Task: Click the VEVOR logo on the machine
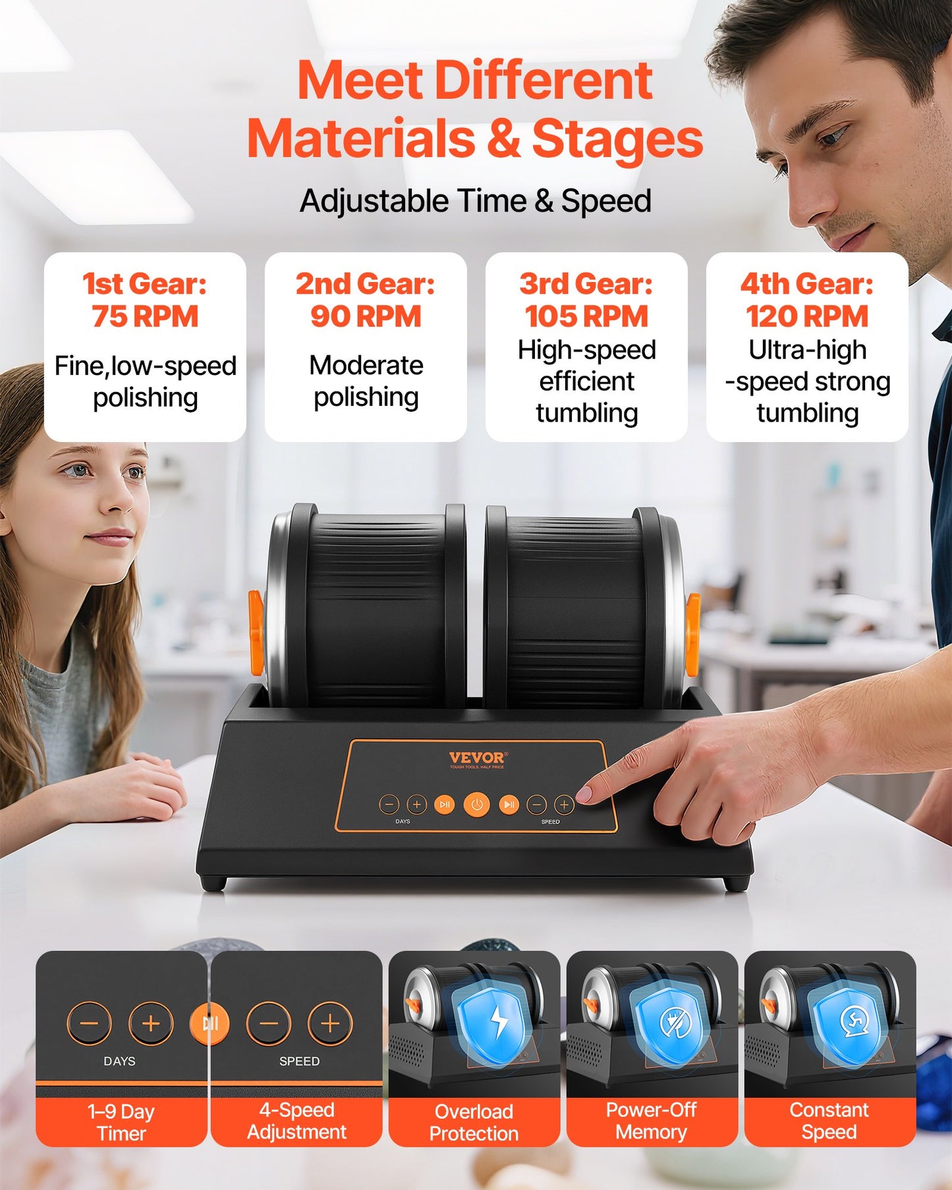[477, 758]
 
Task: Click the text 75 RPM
[145, 316]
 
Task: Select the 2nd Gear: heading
[366, 284]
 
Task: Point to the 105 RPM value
[586, 316]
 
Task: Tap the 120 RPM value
[807, 316]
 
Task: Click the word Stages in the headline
[617, 138]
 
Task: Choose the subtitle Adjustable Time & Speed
[475, 201]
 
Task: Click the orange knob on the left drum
[256, 633]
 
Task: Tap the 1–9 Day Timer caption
[121, 1122]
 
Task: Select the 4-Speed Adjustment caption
[296, 1121]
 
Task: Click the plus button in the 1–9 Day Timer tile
[151, 1023]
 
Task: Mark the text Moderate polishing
[366, 381]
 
